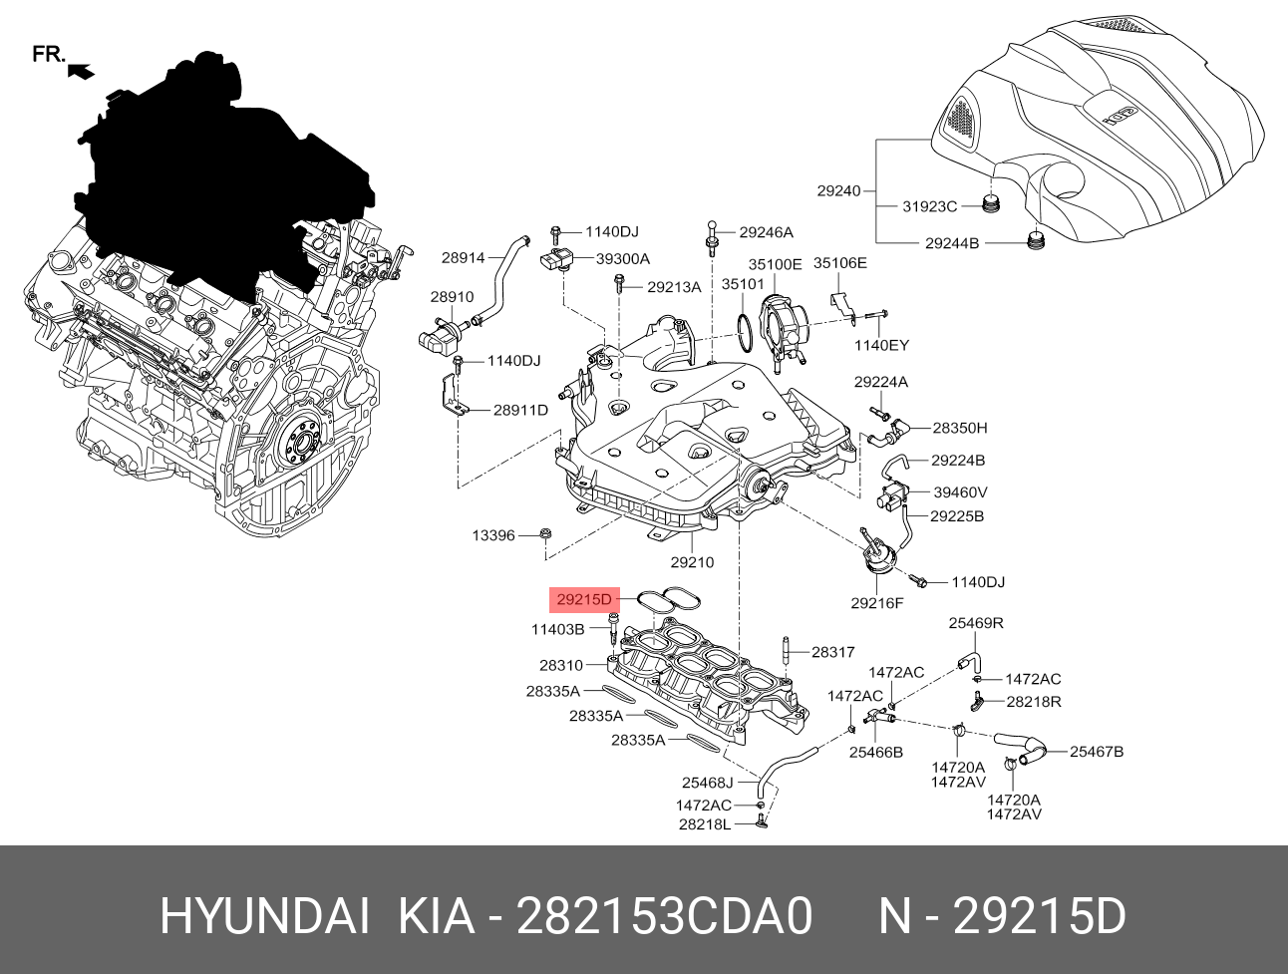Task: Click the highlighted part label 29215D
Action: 583,599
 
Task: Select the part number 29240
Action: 838,190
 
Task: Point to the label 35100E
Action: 776,264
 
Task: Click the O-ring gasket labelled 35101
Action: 745,326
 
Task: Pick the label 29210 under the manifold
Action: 692,562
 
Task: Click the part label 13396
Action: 493,535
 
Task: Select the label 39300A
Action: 623,258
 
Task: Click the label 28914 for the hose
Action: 463,257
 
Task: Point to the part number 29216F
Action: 877,602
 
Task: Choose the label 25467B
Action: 1097,752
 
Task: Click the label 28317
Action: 833,652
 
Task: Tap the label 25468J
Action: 707,783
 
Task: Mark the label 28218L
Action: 705,824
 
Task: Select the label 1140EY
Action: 881,345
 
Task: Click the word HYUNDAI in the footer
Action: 265,916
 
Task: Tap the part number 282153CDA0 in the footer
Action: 665,916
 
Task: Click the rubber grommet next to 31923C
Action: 990,205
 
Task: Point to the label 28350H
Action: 960,428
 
